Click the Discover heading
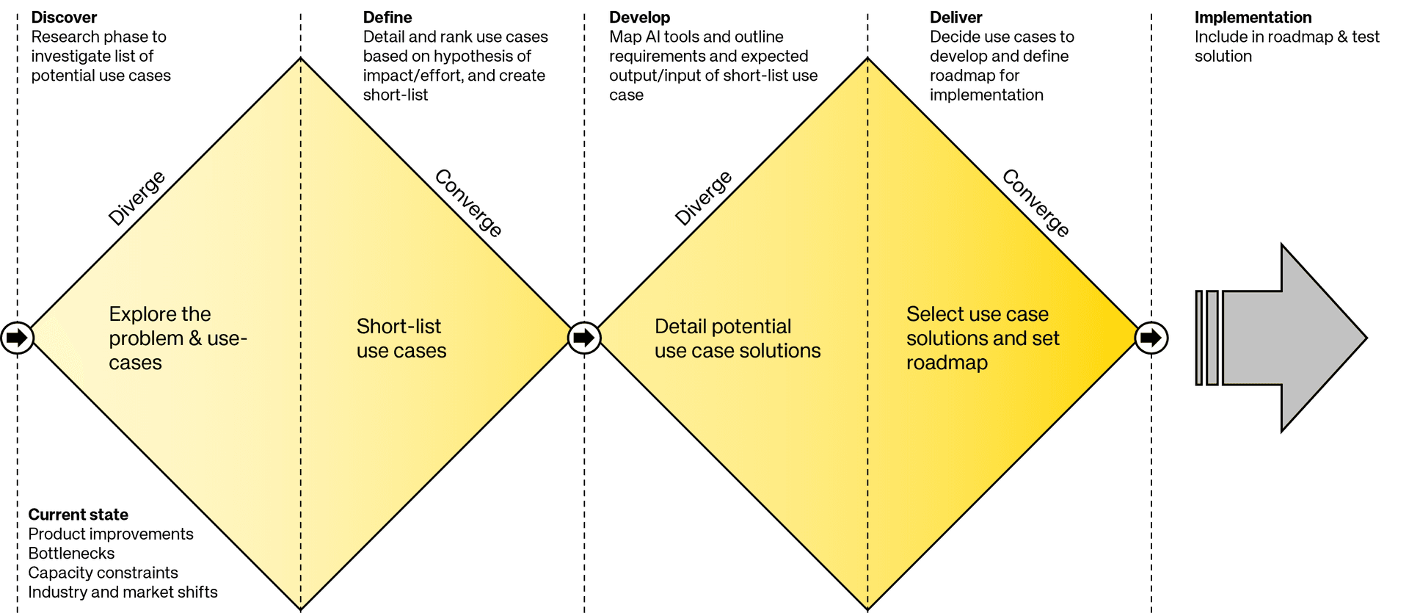[x=64, y=17]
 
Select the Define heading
[x=387, y=17]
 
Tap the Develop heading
[x=639, y=18]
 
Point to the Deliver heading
[x=955, y=17]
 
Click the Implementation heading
[x=1253, y=18]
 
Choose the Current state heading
[x=78, y=514]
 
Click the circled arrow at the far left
[x=17, y=338]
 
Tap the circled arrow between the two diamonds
[x=584, y=338]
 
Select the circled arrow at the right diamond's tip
[x=1151, y=338]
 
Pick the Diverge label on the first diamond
[x=136, y=197]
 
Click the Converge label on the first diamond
[x=468, y=203]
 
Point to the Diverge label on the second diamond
[x=703, y=197]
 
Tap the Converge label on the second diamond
[x=1035, y=203]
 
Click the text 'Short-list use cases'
[x=401, y=338]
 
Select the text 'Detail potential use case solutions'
[x=738, y=338]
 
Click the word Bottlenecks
[x=71, y=553]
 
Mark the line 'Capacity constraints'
[x=103, y=573]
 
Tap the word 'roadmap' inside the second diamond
[x=947, y=363]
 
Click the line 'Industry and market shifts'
[x=123, y=592]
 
